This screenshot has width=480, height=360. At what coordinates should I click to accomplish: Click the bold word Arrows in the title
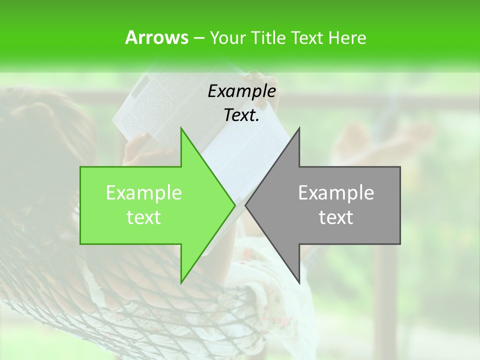(x=156, y=37)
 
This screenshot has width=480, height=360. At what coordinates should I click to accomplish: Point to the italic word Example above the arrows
(x=241, y=91)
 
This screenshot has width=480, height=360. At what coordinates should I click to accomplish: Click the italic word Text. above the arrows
(x=241, y=115)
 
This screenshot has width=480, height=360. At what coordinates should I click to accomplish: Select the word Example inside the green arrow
(x=144, y=193)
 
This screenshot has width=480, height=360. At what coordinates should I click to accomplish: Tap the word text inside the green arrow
(x=144, y=217)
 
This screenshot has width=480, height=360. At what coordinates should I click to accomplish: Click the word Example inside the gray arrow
(x=336, y=193)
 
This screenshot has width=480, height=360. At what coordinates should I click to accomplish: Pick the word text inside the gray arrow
(x=336, y=217)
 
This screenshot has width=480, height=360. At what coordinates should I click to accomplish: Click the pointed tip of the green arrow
(x=235, y=205)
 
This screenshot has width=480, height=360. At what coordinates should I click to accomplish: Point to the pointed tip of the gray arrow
(x=245, y=205)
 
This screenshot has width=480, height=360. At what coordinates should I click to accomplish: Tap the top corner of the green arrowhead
(x=181, y=128)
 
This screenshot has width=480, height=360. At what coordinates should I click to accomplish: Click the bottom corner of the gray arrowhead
(x=299, y=283)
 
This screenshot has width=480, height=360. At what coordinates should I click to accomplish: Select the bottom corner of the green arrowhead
(x=181, y=283)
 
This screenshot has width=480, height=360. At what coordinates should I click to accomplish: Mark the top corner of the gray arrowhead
(x=299, y=128)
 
